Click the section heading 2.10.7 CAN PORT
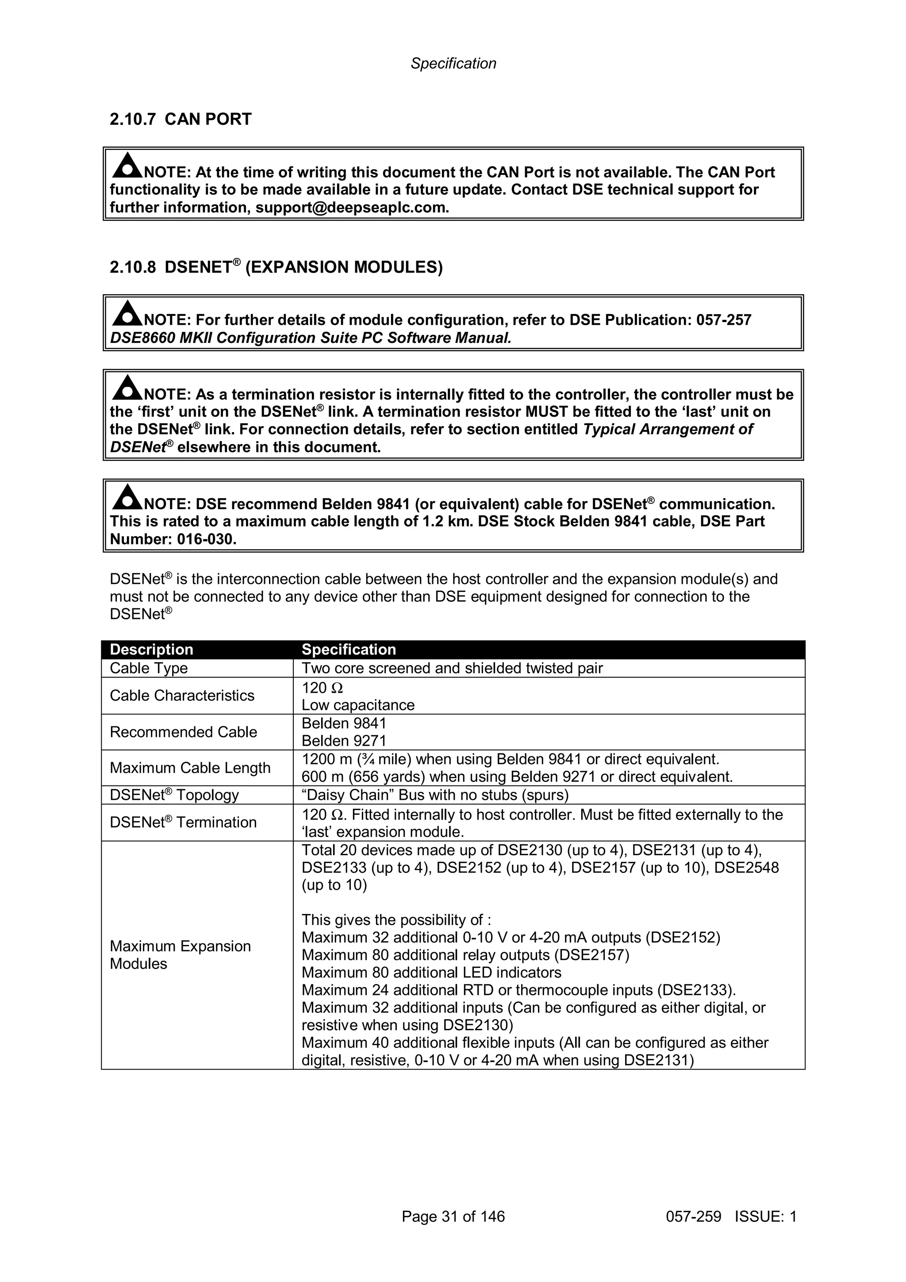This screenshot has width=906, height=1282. point(180,119)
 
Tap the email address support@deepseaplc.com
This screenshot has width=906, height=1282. point(352,208)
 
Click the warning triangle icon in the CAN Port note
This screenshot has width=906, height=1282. point(127,165)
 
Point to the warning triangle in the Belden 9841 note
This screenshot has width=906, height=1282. point(127,497)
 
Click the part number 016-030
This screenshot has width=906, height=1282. point(207,539)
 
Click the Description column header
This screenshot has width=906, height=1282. point(151,649)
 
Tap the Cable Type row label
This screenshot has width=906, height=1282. point(149,668)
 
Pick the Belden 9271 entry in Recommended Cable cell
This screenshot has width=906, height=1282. point(344,741)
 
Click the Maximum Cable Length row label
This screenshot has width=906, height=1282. point(190,768)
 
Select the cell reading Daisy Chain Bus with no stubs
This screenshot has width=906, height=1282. point(435,795)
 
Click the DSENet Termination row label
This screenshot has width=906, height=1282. point(183,822)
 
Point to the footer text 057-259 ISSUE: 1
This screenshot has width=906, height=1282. point(731,1216)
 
